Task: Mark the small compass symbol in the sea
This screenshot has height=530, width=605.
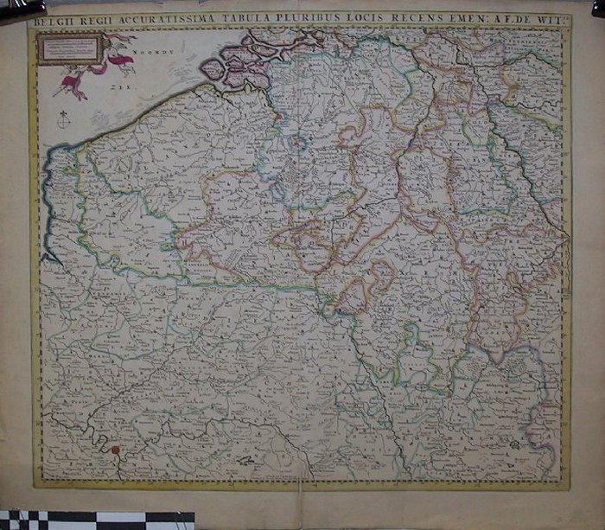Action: (x=62, y=119)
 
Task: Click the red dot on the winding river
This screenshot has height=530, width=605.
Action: (x=113, y=449)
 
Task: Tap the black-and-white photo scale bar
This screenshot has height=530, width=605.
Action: (x=95, y=520)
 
